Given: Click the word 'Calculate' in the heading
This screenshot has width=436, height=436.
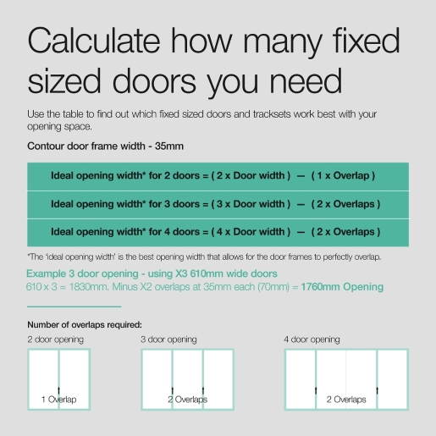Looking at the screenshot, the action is click(x=94, y=40).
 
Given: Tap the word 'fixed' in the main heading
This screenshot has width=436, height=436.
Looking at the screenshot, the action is click(x=367, y=40).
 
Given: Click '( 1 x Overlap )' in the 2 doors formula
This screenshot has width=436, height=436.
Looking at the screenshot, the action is click(x=343, y=176).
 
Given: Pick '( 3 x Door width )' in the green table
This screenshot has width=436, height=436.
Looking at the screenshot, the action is click(x=251, y=204).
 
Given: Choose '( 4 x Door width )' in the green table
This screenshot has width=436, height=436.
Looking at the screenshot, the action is click(x=251, y=232).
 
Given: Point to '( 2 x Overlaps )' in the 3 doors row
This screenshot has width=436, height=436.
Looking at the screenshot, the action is click(x=345, y=204).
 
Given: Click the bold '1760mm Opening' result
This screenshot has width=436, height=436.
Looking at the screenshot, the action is click(x=342, y=287).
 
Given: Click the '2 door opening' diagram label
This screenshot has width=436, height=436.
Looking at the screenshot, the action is click(x=56, y=339).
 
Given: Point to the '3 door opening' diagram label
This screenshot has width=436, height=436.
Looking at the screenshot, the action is click(x=168, y=339).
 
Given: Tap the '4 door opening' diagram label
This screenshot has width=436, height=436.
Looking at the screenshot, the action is click(x=312, y=339).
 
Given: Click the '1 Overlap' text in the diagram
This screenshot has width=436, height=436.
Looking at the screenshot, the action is click(x=58, y=400).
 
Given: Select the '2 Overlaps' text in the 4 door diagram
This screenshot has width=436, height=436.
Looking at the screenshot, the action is click(x=346, y=400).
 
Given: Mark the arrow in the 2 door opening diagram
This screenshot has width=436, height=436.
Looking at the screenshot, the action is click(x=58, y=390).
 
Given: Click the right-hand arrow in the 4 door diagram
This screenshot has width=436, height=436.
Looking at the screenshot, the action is click(x=378, y=390).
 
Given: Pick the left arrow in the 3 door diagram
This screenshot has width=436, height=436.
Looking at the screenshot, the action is click(x=173, y=390).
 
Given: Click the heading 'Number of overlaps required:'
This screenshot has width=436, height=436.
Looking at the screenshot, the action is click(x=85, y=325).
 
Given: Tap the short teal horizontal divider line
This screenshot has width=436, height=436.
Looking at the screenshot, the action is click(x=75, y=306).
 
